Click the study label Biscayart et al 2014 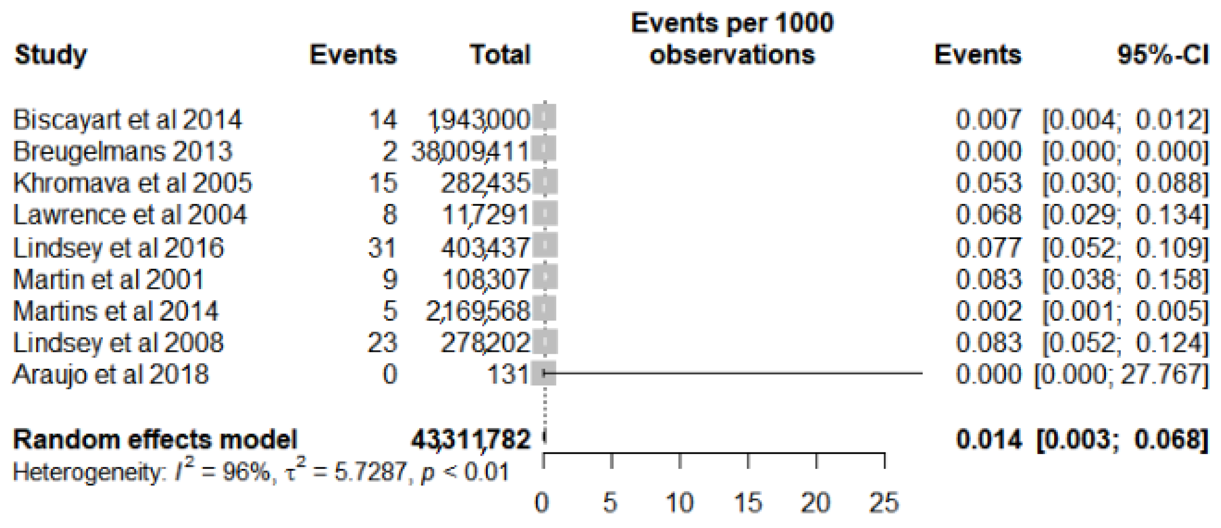[x=127, y=120]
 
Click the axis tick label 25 [x=884, y=503]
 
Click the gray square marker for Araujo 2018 [x=544, y=373]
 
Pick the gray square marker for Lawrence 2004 [x=545, y=214]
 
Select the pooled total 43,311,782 [x=470, y=440]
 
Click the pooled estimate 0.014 [x=989, y=440]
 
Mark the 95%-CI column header [x=1163, y=55]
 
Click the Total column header [x=500, y=55]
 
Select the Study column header [x=51, y=55]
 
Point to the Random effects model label [x=155, y=440]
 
